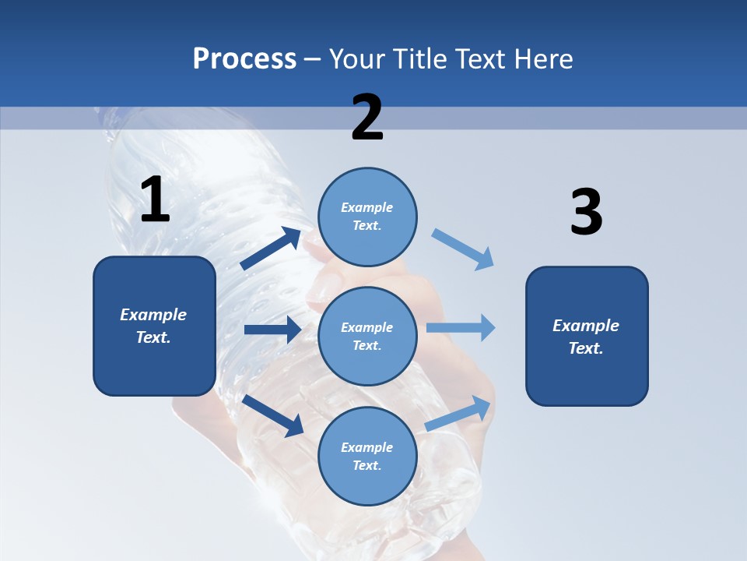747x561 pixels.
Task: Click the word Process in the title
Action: point(244,59)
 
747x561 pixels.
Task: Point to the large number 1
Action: point(155,200)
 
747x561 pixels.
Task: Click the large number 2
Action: point(367,118)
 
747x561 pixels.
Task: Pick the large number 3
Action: point(586,213)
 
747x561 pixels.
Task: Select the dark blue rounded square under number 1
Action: point(154,326)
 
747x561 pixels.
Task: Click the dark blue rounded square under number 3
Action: point(587,336)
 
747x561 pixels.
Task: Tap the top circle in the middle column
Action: point(367,217)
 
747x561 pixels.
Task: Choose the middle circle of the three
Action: point(367,336)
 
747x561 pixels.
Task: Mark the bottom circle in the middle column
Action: point(367,456)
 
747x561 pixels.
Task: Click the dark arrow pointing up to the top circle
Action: point(271,249)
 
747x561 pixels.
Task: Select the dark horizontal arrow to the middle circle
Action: point(272,330)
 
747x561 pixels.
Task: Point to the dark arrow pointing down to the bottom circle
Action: point(273,415)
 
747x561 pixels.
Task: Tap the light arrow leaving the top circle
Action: point(463,249)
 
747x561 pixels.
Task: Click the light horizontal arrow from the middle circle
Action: point(461,328)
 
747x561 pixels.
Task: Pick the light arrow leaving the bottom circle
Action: point(459,413)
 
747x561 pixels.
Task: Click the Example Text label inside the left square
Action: point(153,326)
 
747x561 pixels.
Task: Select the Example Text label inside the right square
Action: point(586,337)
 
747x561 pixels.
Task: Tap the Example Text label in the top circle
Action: point(367,217)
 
